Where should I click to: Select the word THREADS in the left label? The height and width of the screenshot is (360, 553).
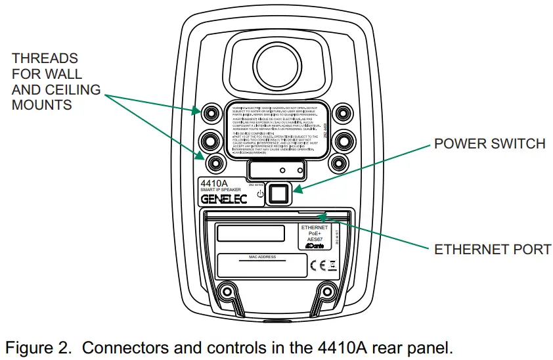point(45,58)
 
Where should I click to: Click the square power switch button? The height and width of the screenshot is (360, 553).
point(278,192)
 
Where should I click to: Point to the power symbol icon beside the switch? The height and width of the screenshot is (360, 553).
point(260,194)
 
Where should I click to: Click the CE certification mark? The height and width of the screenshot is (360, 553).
point(317,265)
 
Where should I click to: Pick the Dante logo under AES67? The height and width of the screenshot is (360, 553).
point(313,246)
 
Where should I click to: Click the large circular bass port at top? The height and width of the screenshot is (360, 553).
point(276,62)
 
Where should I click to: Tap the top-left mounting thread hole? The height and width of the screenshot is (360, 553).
point(210,112)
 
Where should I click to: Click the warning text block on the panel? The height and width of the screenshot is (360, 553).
point(276,130)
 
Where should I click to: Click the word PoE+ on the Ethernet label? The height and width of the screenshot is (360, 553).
point(313,233)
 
